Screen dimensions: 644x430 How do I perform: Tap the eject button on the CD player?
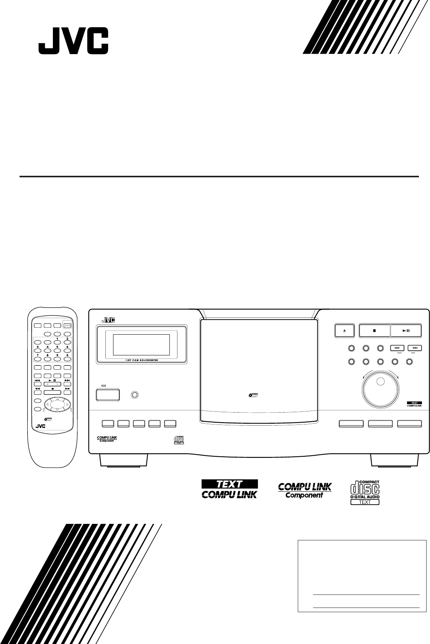click(x=344, y=330)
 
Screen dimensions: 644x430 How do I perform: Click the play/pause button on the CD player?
click(x=406, y=330)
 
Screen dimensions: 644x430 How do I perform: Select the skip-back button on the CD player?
click(x=397, y=348)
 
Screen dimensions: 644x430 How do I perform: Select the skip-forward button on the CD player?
click(x=415, y=348)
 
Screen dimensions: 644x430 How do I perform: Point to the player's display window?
click(x=141, y=345)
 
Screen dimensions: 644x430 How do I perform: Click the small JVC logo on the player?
click(x=108, y=319)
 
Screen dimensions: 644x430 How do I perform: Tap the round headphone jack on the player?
click(x=135, y=395)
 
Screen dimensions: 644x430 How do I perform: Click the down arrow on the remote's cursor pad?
click(x=57, y=410)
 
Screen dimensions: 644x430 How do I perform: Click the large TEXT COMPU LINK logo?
click(x=230, y=489)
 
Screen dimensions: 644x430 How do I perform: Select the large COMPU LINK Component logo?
click(x=305, y=490)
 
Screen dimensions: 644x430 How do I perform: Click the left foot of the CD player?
click(x=124, y=461)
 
